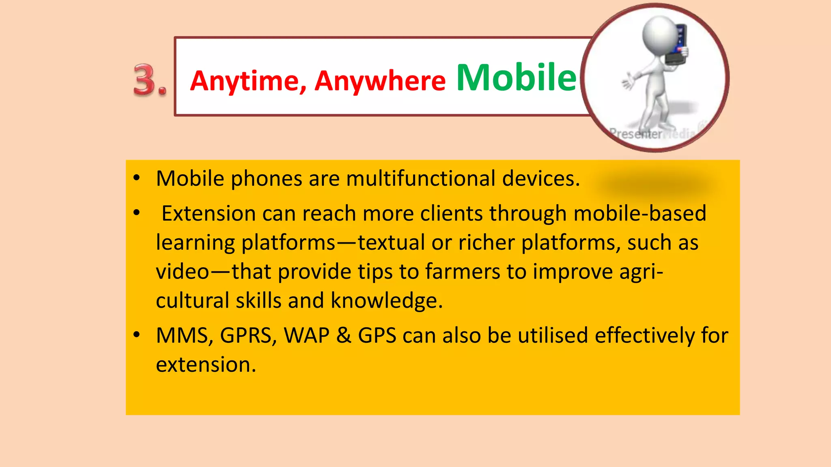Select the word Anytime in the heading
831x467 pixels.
245,81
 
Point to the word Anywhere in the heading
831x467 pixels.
380,81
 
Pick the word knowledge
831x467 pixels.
386,301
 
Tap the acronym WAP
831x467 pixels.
306,336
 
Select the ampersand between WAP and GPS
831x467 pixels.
343,336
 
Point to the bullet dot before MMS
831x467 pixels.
137,334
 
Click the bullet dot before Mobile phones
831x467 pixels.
137,178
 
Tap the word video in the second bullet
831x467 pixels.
182,271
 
